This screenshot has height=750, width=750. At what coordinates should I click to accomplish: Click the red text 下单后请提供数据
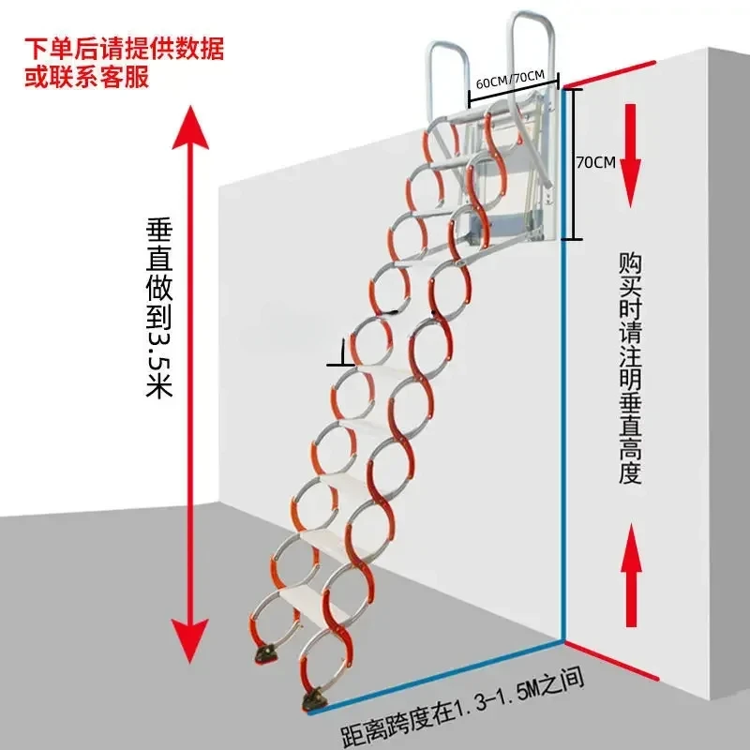[x=125, y=45]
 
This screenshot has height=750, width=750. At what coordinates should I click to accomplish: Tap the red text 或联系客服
[x=85, y=77]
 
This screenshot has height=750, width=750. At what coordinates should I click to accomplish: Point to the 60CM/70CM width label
[x=514, y=82]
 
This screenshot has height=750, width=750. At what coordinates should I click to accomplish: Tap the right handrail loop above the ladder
[x=533, y=47]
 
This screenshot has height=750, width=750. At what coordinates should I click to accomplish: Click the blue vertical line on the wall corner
[x=563, y=441]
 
